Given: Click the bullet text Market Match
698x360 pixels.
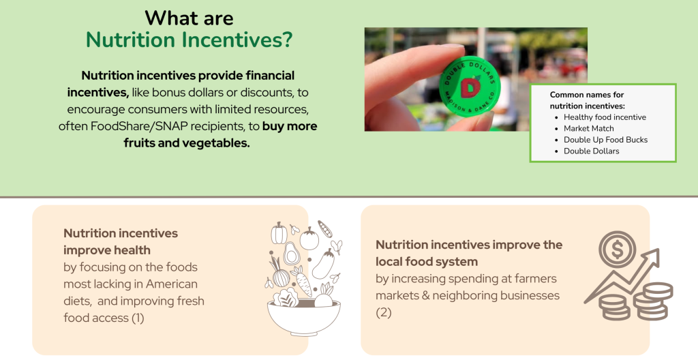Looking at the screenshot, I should pos(588,128).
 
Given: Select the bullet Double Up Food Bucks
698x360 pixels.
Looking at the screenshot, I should pos(605,140).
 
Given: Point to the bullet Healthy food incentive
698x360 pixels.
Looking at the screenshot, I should pos(605,117).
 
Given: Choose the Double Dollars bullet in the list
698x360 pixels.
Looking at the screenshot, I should pos(591,151).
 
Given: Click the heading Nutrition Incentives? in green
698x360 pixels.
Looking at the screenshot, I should pos(189,40).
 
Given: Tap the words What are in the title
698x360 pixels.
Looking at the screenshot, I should pos(189,17).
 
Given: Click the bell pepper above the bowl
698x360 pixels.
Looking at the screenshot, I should pos(279,233).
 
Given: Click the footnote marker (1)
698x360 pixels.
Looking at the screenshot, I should pos(136,318).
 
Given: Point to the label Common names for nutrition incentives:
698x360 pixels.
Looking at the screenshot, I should pos(587,100).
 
